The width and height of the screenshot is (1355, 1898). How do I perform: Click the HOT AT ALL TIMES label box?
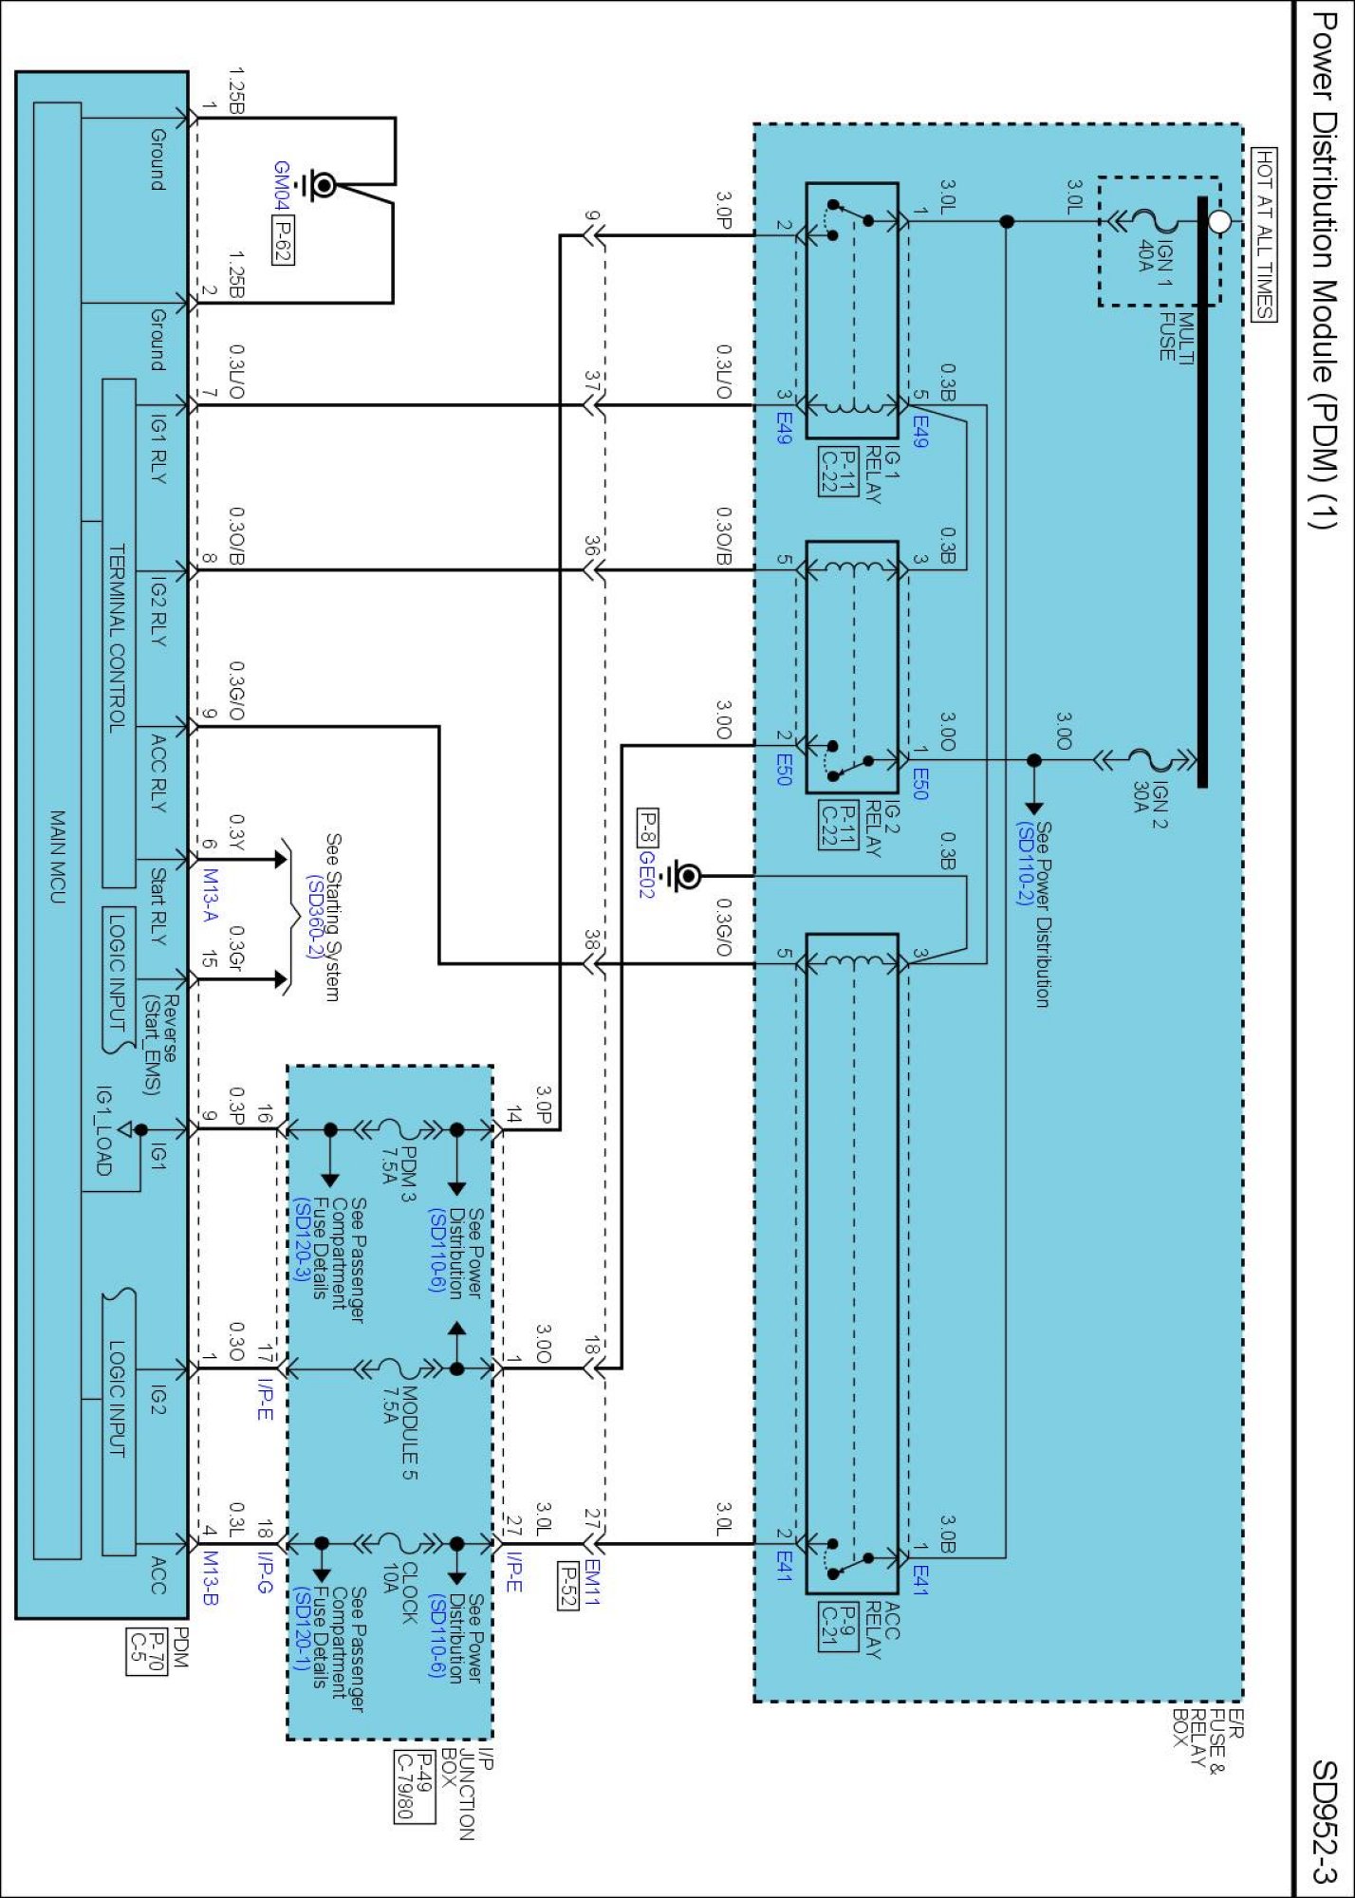pos(1265,234)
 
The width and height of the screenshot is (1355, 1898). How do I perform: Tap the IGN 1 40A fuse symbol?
pos(1154,222)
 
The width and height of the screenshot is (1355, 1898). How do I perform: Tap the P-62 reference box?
pos(282,240)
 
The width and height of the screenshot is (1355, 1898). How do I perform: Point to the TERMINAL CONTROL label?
pos(118,638)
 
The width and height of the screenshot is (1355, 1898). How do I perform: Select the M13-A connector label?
pos(210,895)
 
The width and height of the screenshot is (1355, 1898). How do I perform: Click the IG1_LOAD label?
pos(104,1130)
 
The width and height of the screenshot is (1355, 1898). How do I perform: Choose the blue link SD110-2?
pos(1023,864)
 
